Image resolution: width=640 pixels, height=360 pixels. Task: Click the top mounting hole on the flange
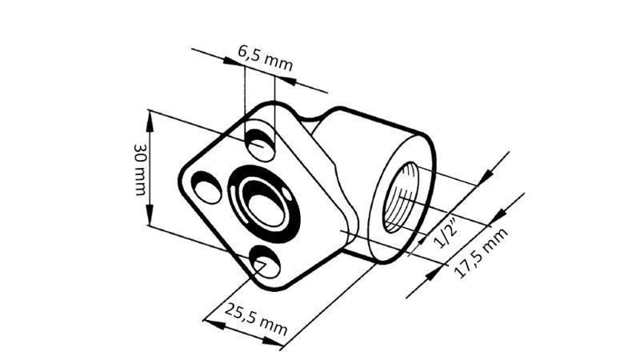coord(260,145)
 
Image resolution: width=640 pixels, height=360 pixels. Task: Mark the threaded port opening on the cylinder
coord(403,200)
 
